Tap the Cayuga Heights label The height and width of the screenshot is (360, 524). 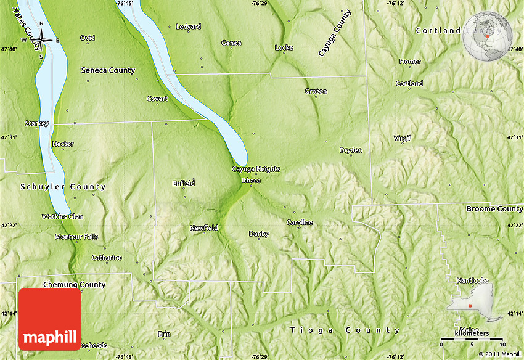point(256,169)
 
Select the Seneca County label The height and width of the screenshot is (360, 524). point(108,70)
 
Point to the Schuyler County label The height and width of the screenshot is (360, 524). point(63,187)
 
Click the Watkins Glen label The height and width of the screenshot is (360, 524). point(62,216)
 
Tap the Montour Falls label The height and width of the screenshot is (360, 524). point(76,237)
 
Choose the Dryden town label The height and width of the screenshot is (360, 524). point(351,150)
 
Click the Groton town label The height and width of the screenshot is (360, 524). point(316,91)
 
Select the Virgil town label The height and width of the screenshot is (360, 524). point(402,138)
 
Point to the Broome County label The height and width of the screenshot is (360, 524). point(494,209)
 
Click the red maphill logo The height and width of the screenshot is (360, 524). point(50,319)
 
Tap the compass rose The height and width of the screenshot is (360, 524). point(42,40)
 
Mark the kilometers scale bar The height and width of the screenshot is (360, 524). point(472,339)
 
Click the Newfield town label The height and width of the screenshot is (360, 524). point(203,228)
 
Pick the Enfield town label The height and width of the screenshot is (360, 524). point(184,183)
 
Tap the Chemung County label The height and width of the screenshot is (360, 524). point(75,285)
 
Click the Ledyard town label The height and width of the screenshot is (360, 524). point(188,27)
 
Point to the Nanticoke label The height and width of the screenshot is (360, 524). point(472,280)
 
